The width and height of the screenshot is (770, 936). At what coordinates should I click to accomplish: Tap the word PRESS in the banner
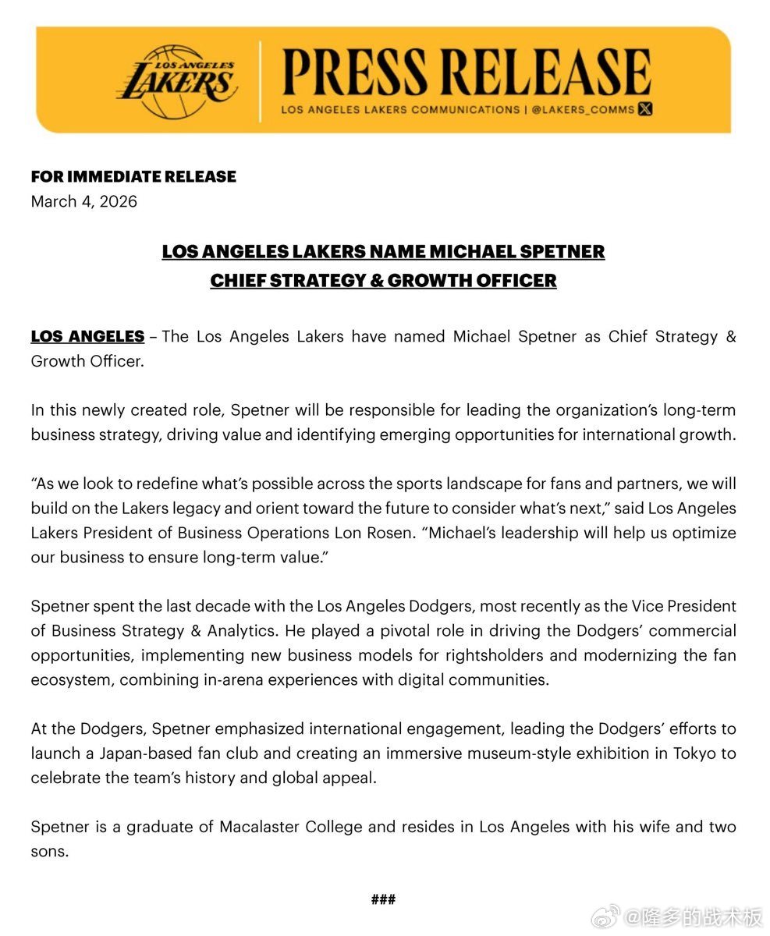[357, 73]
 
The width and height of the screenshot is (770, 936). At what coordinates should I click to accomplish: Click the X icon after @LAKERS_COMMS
[645, 110]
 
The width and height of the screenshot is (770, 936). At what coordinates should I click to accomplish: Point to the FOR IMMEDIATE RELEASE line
[133, 176]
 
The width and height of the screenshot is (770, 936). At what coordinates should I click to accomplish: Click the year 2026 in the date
[119, 201]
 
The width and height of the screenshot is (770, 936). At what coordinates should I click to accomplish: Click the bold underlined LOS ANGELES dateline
[87, 337]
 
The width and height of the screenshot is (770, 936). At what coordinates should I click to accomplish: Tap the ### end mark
[383, 899]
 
